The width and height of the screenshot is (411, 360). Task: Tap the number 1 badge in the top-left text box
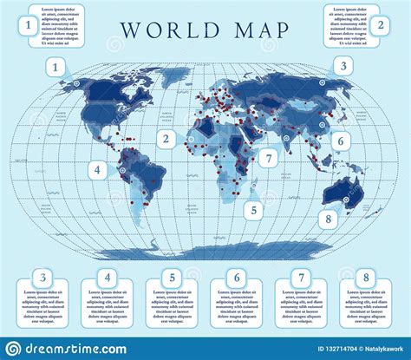coord(29,26)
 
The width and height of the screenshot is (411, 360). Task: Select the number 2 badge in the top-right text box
coord(380,25)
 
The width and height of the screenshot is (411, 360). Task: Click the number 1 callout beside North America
coord(57,67)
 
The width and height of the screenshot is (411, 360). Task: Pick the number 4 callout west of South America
coord(100,171)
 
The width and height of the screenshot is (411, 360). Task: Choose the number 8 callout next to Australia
coord(328,219)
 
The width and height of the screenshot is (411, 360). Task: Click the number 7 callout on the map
coord(270,158)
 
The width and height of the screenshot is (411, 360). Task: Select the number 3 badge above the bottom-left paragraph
coord(42,278)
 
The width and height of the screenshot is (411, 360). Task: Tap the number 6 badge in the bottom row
coord(237,278)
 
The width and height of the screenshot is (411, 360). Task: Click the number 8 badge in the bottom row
coord(366,278)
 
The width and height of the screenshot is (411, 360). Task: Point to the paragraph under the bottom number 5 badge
coord(172,309)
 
